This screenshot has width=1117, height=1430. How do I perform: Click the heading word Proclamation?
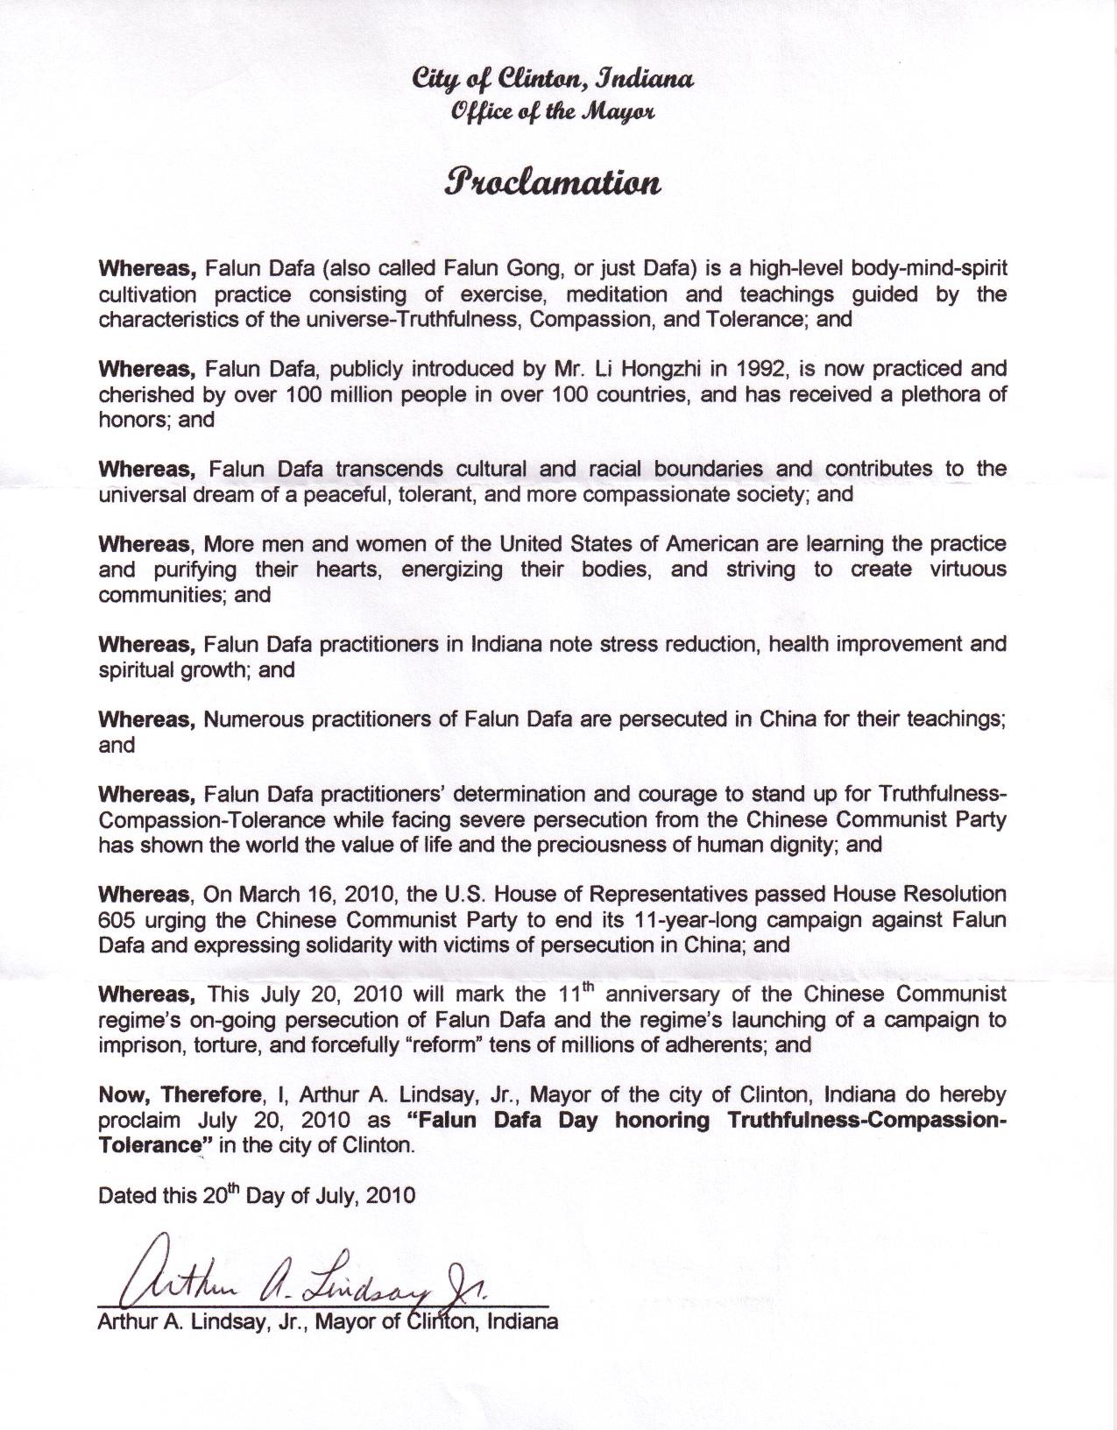[551, 182]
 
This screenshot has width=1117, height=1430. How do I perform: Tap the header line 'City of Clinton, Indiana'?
[554, 80]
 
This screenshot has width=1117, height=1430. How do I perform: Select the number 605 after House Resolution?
[115, 920]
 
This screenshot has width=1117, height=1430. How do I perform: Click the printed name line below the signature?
[328, 1321]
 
